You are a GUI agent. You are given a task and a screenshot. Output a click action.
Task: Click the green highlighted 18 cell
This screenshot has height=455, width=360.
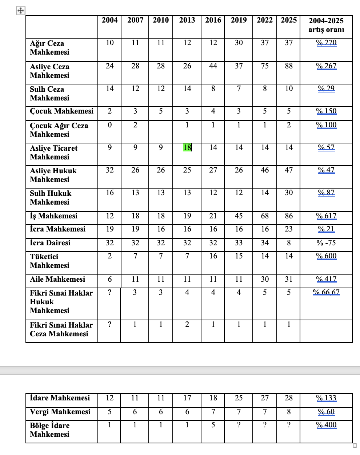[x=187, y=147]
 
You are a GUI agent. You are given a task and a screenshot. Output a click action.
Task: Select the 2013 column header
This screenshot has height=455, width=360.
[x=187, y=20]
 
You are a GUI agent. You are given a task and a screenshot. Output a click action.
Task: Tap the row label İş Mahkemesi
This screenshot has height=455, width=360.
[x=53, y=216]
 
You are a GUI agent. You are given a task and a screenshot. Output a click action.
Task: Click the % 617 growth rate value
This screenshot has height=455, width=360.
[x=326, y=216]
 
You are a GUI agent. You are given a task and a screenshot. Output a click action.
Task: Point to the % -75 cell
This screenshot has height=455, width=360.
[x=326, y=243]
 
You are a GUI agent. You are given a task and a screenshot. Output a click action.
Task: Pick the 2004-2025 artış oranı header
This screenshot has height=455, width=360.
[x=326, y=25]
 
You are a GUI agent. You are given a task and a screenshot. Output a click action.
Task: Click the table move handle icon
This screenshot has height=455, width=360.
[x=21, y=11]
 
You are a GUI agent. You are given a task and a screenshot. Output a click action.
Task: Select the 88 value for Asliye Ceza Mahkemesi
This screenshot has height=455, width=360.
[x=289, y=66]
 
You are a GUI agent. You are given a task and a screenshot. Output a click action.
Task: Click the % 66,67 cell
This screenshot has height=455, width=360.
[x=326, y=292]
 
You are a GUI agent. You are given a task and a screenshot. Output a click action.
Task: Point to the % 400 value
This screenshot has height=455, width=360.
[x=326, y=425]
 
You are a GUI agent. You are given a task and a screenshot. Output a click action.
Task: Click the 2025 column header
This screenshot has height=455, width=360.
[x=289, y=20]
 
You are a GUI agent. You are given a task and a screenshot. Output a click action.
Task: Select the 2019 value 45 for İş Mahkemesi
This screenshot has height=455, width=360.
[x=239, y=216]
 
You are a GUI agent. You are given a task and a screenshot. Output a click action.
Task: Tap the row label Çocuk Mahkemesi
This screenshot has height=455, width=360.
[x=61, y=111]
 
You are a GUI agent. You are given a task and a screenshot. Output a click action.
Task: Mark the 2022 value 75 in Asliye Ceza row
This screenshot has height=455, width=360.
[x=265, y=66]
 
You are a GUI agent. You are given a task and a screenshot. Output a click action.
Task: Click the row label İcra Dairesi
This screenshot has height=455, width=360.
[x=50, y=243]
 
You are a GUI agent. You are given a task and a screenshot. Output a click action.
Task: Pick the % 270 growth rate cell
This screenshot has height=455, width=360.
[x=326, y=43]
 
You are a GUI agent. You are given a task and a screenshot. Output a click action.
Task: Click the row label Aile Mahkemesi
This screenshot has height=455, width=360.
[x=57, y=279]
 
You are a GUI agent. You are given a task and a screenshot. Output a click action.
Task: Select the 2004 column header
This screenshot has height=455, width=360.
[x=109, y=20]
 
